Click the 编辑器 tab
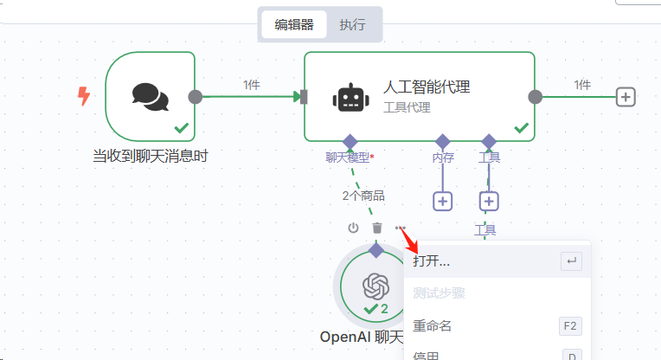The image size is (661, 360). pos(294,24)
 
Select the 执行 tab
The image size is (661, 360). pos(352,24)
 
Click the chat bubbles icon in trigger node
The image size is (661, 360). pos(150,95)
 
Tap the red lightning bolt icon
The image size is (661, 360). pos(84,96)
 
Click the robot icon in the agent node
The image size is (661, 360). pos(348,97)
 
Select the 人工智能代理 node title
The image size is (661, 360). pos(427,87)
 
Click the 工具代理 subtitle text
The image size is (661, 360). pos(407,108)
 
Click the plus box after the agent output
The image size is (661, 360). pos(626,97)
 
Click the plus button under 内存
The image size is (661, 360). pos(443,201)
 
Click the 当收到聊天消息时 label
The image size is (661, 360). pos(150,157)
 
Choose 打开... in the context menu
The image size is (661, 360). pos(432,260)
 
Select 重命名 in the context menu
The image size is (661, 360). pos(432,326)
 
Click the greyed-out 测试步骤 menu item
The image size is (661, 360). pos(439,293)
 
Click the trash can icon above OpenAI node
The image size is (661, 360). pos(377,228)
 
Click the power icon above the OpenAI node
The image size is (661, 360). pos(353,228)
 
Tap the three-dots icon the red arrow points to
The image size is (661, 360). pos(400,228)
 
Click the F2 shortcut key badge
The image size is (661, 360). pos(570,326)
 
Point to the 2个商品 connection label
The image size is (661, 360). pos(363,196)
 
